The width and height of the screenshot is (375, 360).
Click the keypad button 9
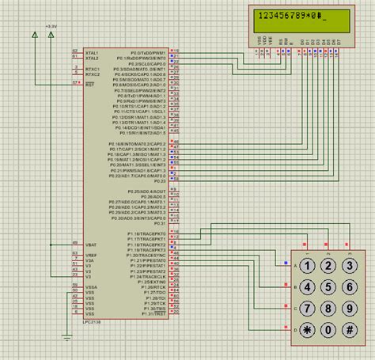coord(349,309)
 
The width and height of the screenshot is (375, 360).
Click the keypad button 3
coord(349,266)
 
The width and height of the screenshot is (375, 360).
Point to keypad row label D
coord(295,330)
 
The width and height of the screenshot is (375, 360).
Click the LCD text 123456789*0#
coord(293,16)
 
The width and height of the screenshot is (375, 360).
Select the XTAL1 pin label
coord(93,51)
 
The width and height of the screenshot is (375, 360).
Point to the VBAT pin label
coord(93,246)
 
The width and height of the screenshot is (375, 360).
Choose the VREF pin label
coord(93,256)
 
